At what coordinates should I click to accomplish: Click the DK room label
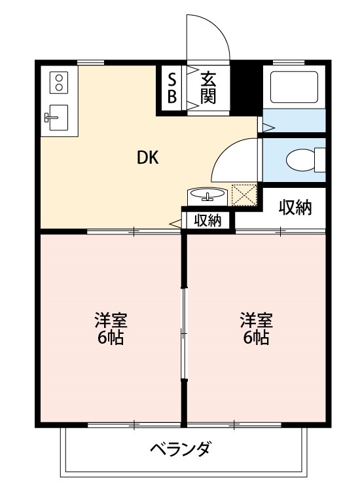148,157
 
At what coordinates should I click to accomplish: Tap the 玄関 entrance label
208,88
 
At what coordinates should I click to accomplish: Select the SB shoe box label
172,88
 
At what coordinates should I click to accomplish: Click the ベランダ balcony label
180,450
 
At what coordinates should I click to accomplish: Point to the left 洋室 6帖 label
110,329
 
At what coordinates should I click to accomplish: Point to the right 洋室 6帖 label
256,329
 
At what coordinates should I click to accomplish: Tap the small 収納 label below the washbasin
207,221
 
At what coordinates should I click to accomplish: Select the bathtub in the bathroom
294,87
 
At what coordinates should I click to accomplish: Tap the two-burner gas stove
60,82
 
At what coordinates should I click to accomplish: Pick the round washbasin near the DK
207,195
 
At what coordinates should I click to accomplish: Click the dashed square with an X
243,195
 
